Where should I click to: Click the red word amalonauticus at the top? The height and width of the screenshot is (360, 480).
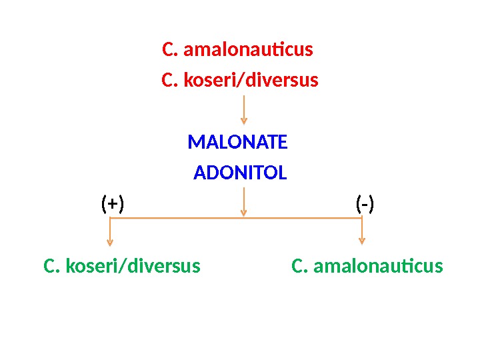click(248, 50)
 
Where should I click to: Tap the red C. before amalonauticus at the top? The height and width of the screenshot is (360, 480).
click(170, 50)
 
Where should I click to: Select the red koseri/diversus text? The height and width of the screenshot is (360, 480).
click(251, 81)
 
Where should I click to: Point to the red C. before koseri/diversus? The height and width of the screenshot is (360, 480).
click(170, 81)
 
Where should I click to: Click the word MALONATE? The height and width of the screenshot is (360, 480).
click(237, 143)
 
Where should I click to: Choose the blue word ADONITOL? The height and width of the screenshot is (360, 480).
click(240, 174)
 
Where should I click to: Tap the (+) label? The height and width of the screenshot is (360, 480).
click(113, 204)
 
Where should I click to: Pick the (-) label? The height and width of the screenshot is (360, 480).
click(365, 204)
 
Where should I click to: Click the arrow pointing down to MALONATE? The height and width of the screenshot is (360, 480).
click(244, 109)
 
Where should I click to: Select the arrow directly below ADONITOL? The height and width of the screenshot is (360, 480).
click(244, 201)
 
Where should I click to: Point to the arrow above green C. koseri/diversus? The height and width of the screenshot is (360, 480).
click(110, 233)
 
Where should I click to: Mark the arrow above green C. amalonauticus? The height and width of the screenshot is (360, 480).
click(362, 233)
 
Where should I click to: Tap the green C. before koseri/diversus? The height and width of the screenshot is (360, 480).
click(52, 267)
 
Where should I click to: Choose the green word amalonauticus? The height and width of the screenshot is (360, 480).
click(377, 267)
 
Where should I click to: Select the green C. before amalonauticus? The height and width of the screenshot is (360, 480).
click(301, 267)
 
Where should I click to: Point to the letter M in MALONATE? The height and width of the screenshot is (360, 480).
click(195, 143)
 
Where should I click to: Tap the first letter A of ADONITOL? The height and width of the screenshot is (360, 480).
click(199, 174)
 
